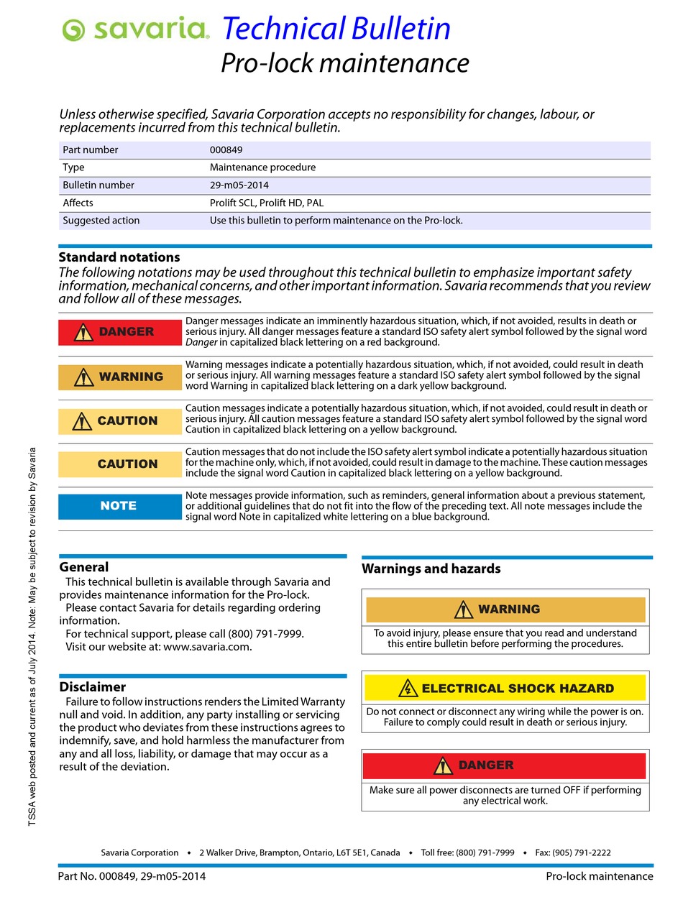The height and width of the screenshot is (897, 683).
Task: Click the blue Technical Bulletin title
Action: click(x=336, y=29)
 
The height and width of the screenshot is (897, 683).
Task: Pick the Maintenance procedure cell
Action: click(x=262, y=167)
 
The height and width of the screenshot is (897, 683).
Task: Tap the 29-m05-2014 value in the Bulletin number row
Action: click(x=239, y=185)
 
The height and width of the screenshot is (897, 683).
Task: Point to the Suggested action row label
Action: click(x=101, y=221)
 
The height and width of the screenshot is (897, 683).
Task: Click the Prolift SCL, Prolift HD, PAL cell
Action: click(x=266, y=203)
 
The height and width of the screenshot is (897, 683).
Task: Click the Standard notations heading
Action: click(x=119, y=257)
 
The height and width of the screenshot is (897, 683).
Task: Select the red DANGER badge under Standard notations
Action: click(x=120, y=332)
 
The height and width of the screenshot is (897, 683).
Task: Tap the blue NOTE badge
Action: click(x=120, y=506)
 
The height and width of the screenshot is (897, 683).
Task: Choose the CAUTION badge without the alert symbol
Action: click(x=120, y=464)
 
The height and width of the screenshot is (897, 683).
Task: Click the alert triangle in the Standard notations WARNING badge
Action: click(x=84, y=377)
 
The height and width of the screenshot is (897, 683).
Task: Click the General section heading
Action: click(x=84, y=567)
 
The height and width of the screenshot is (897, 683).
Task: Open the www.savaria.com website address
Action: click(x=207, y=647)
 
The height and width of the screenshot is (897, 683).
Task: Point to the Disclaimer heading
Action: click(x=93, y=687)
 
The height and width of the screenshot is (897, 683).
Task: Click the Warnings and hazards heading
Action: click(x=431, y=569)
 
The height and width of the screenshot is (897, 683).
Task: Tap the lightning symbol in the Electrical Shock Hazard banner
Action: click(x=408, y=689)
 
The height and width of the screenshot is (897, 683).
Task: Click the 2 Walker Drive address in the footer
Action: click(x=299, y=852)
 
